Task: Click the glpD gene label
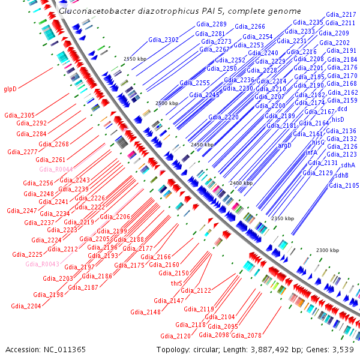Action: (x=10, y=89)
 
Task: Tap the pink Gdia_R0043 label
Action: (x=43, y=264)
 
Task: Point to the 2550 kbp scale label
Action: (x=134, y=59)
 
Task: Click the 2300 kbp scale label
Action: (x=328, y=250)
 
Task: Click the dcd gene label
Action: (x=342, y=109)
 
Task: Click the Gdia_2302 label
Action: (x=163, y=40)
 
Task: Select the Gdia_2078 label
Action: (x=246, y=335)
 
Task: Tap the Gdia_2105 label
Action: (x=344, y=185)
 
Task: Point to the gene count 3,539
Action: (x=343, y=349)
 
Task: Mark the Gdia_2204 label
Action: (x=26, y=305)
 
